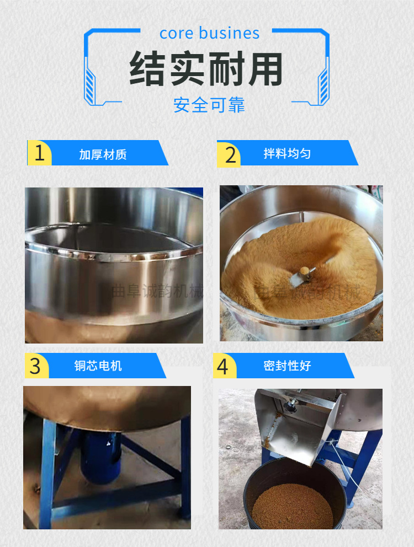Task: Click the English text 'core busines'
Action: pos(209,33)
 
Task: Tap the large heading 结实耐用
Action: pos(206,69)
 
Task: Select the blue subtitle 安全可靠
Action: pos(209,104)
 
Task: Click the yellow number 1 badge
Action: pos(39,153)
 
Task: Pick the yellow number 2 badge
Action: pos(229,153)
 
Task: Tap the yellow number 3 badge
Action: pos(36,366)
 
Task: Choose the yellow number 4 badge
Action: pos(223,366)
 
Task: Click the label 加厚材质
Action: pos(103,154)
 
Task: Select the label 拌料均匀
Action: pos(286,153)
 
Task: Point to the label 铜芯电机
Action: pos(98,366)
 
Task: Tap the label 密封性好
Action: pos(287,366)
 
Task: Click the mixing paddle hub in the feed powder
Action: pos(304,270)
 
